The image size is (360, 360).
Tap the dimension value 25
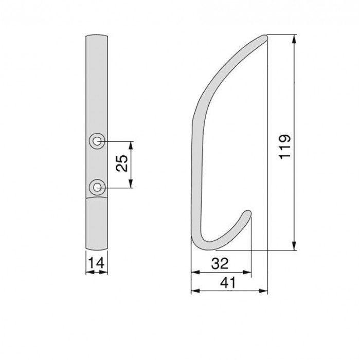point(122,164)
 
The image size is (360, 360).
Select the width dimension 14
point(96,263)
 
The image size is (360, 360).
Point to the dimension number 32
point(221,264)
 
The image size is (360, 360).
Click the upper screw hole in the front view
point(96,141)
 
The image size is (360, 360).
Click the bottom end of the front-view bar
point(96,246)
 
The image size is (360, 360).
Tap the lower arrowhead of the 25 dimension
point(132,184)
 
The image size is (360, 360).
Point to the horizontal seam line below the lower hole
point(96,200)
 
